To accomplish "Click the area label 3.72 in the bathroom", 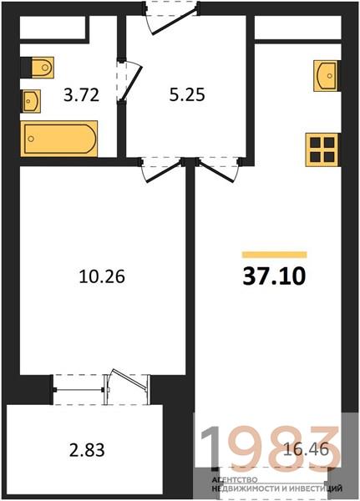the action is click(81, 95).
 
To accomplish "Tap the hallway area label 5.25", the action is click(187, 95).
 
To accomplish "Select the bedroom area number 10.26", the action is click(102, 276).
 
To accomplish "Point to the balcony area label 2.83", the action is click(87, 450).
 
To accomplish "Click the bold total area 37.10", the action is click(274, 276).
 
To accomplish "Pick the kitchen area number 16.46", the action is click(306, 449).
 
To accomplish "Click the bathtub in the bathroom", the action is click(58, 139).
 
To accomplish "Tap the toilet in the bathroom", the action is click(43, 68).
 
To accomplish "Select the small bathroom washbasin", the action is click(31, 101).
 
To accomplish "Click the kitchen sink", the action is click(326, 75).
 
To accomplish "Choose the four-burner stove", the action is click(322, 149).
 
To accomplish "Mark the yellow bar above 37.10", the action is click(274, 255).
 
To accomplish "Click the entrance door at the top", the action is click(171, 18).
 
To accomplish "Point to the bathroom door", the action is click(129, 80).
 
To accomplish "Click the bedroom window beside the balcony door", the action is click(79, 390).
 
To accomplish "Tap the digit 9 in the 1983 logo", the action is click(253, 446).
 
